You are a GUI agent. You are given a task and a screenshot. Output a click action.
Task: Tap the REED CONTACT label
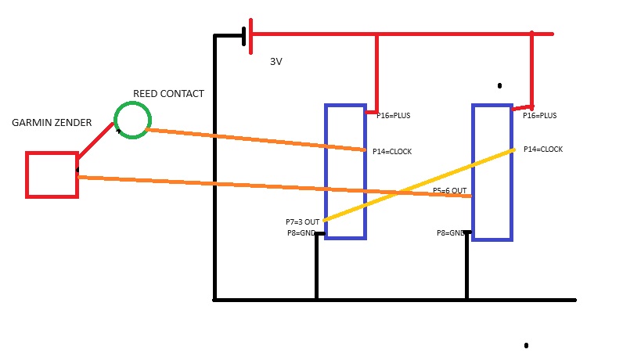click(x=168, y=94)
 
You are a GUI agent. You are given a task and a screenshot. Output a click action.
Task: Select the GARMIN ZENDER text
click(x=52, y=123)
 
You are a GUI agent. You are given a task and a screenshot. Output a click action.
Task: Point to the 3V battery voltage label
click(x=276, y=62)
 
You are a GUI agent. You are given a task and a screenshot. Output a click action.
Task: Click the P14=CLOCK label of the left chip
click(x=392, y=152)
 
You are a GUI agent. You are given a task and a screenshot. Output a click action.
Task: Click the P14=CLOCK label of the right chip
click(x=543, y=149)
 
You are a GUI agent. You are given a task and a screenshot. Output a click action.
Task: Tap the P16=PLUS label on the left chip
click(x=393, y=116)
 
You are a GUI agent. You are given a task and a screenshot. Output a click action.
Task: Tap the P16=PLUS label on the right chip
click(x=539, y=116)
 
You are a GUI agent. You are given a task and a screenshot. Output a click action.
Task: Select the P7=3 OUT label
click(x=303, y=222)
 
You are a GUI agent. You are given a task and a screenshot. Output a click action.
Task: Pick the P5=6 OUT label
click(x=450, y=191)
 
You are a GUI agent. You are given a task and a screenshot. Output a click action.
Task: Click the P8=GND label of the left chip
click(x=301, y=233)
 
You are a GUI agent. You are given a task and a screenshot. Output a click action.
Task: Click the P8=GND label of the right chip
click(x=451, y=233)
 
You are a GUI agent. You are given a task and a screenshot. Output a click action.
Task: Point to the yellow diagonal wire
click(x=419, y=185)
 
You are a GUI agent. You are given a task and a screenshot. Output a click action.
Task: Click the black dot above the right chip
click(x=499, y=85)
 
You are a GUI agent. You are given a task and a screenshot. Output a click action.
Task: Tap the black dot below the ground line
click(x=526, y=345)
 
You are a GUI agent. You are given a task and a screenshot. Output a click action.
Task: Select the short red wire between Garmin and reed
click(x=95, y=141)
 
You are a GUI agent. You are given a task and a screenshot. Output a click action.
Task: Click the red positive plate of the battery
click(x=250, y=36)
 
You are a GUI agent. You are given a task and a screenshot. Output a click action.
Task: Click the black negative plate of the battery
click(x=244, y=36)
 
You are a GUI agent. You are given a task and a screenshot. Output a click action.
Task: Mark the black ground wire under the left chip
click(x=316, y=266)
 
